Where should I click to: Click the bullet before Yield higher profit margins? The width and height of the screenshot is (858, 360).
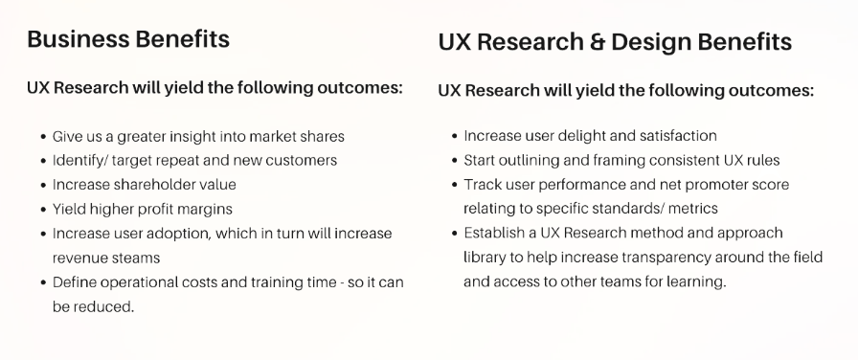pos(44,210)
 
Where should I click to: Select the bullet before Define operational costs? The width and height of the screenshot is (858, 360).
pos(44,282)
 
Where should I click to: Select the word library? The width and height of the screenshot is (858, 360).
pos(483,258)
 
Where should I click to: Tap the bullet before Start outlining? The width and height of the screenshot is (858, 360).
pos(455,161)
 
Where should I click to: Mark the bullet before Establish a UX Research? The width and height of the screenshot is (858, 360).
pos(455,234)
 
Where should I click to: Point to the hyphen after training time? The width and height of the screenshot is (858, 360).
pos(350,283)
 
